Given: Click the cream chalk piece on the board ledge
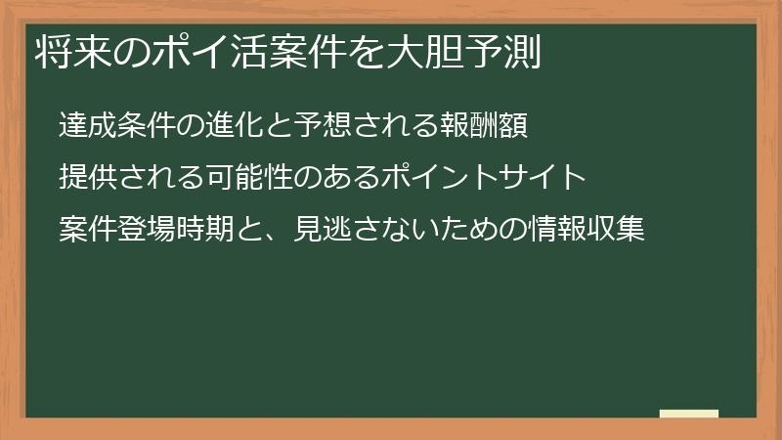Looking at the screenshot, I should (689, 415).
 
